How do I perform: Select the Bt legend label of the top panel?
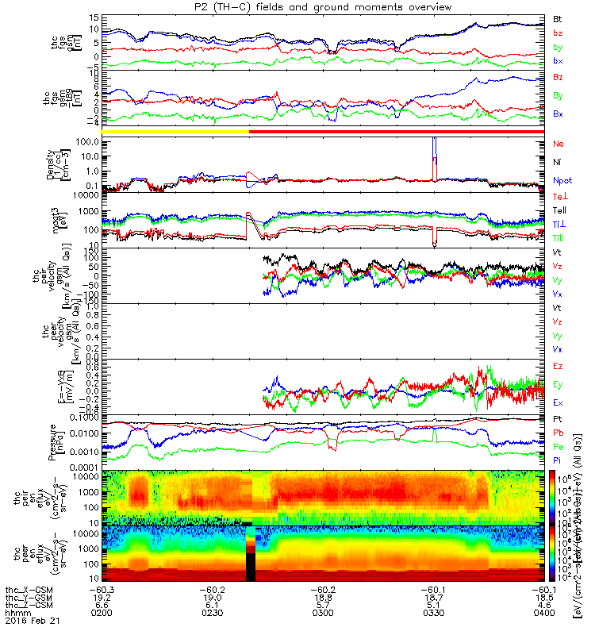point(558,17)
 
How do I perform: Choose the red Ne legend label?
point(558,144)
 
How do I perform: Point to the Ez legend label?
point(558,366)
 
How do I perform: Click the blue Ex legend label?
point(558,403)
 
